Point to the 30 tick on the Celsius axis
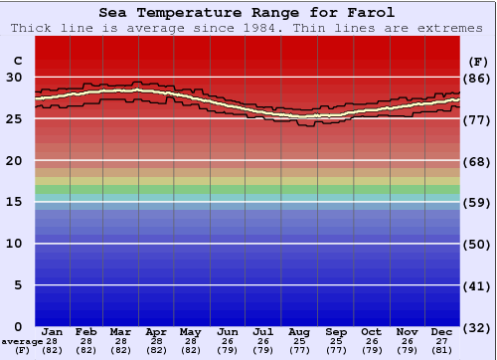tap(14, 77)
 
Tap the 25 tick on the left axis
tap(14, 118)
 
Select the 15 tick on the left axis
tap(14, 202)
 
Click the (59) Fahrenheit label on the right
tap(477, 202)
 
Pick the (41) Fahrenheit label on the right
tap(477, 285)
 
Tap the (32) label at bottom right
tap(477, 327)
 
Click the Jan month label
tap(53, 331)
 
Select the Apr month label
tap(156, 331)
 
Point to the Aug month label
tap(300, 331)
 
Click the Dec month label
tap(442, 331)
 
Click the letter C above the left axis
tap(17, 61)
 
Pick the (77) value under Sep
tap(336, 351)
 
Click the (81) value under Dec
tap(442, 351)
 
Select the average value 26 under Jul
tap(263, 341)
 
